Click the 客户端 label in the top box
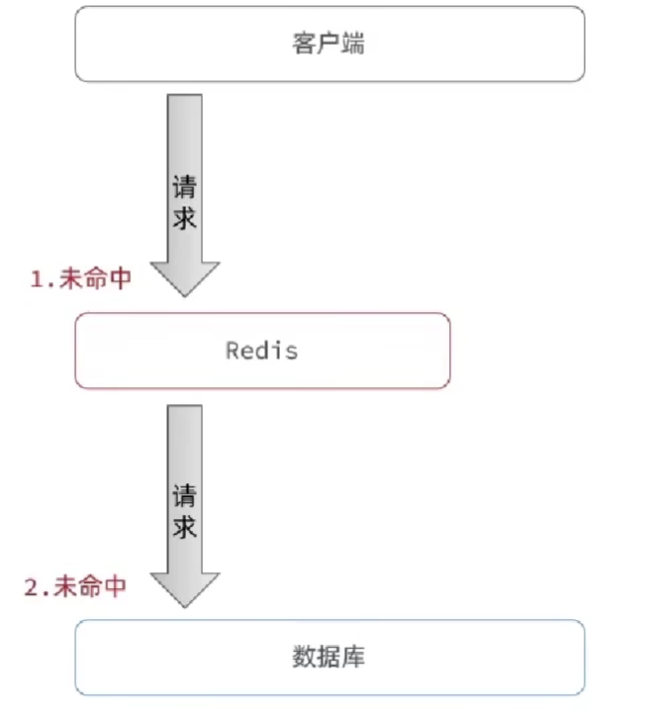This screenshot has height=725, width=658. coord(329,45)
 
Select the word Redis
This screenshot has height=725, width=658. coord(262,351)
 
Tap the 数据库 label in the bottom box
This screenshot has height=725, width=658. coord(329,657)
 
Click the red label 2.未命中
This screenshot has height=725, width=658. coord(75,586)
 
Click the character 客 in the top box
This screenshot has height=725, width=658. coord(305,45)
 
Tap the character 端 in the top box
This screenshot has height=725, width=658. coord(352,45)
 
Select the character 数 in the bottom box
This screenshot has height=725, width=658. coord(305,657)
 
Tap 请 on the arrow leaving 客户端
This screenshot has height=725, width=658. coord(185,187)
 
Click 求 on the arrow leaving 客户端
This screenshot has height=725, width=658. coord(185,217)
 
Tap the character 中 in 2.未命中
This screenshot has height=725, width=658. coord(115,586)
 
